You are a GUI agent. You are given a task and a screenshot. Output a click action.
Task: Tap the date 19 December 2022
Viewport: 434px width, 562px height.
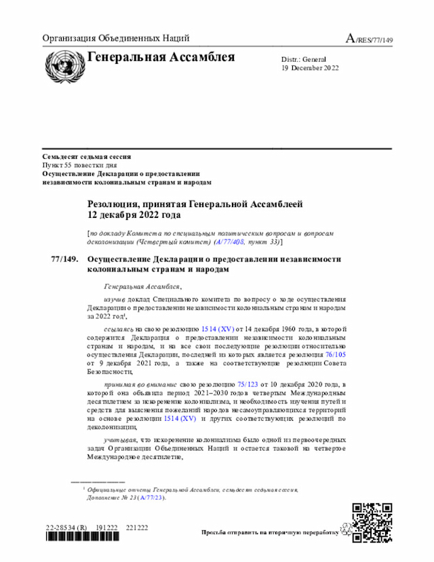tap(311, 68)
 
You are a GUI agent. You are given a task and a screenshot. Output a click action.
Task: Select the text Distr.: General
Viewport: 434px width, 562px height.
tap(304, 59)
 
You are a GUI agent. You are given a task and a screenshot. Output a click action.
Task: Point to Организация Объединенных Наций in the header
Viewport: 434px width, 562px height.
tap(115, 39)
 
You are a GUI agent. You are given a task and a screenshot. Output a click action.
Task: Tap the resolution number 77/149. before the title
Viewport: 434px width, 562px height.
tap(64, 259)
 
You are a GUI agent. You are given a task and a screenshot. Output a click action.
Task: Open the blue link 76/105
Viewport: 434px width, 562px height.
tap(335, 355)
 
